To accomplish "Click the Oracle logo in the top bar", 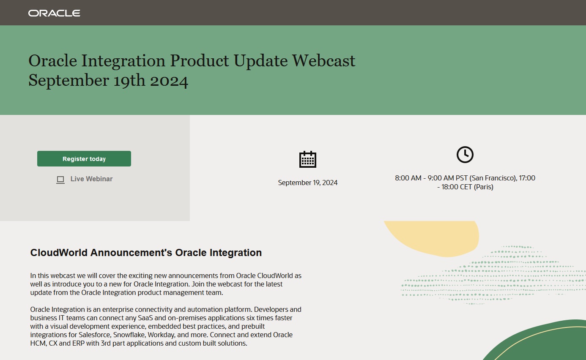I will (54, 13).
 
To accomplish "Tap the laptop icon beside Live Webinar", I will (60, 180).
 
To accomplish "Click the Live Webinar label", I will (91, 179).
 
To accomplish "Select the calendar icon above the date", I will (307, 159).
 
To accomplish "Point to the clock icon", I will (465, 155).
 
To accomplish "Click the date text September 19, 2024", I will (307, 183).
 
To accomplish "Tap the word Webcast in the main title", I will (323, 61).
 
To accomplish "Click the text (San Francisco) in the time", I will (491, 178).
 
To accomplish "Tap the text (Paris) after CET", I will (483, 187).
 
